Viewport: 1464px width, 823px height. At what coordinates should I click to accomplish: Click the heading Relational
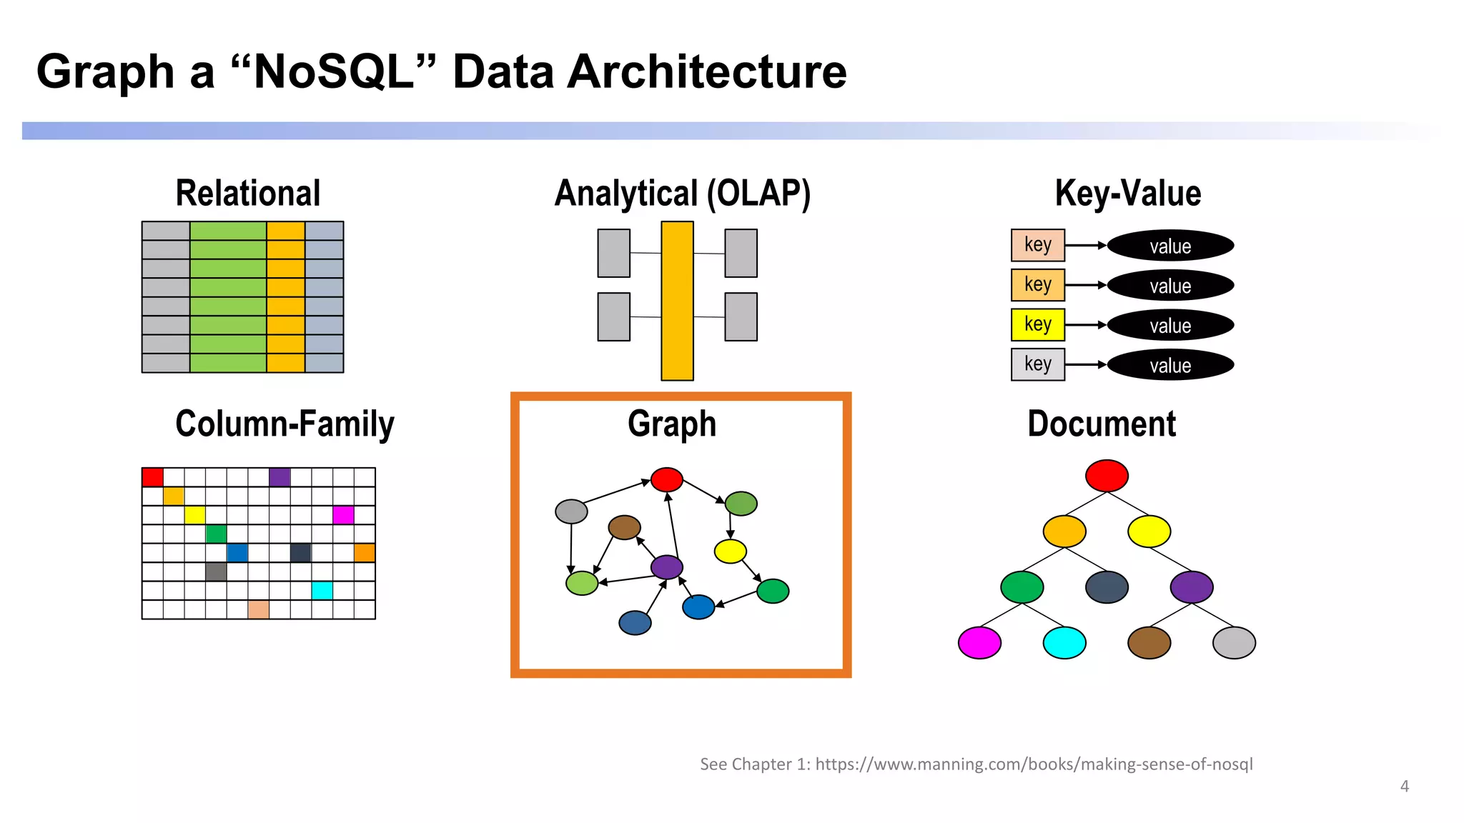click(248, 194)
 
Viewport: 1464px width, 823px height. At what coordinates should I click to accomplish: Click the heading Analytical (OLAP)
click(683, 194)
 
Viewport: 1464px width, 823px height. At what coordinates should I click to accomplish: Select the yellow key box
click(1037, 324)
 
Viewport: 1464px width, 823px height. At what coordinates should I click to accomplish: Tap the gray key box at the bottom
click(1037, 364)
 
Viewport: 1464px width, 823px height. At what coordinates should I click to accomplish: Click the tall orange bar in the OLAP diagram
click(677, 301)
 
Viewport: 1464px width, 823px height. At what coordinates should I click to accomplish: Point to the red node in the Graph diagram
click(667, 479)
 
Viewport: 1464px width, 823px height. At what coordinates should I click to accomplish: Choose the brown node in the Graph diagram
click(624, 527)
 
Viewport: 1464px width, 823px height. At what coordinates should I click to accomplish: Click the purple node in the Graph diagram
click(667, 567)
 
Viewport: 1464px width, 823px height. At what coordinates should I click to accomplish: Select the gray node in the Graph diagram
click(571, 512)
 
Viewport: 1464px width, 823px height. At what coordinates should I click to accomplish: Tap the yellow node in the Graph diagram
click(730, 551)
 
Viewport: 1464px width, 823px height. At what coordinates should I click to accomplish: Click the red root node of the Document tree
click(1107, 476)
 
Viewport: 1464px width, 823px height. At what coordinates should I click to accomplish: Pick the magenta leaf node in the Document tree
click(979, 643)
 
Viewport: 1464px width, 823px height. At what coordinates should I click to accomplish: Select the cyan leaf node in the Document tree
click(1064, 643)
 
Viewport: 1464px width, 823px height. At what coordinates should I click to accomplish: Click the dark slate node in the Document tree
click(1107, 587)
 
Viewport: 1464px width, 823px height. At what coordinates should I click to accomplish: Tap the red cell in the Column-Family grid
click(152, 477)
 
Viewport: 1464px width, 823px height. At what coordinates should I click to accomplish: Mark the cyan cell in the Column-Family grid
click(322, 590)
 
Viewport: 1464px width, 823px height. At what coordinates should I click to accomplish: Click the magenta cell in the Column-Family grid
click(343, 515)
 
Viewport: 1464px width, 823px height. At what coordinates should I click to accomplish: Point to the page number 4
click(1404, 787)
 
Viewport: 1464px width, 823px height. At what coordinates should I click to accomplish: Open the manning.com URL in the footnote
click(1034, 764)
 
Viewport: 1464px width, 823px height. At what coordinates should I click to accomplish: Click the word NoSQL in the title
click(334, 72)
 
